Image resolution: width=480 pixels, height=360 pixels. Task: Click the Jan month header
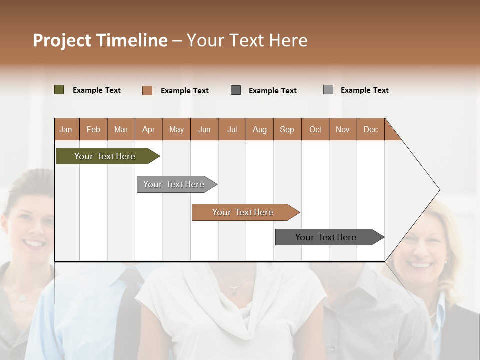coord(66,129)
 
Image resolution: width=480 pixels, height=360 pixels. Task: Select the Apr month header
coord(148,129)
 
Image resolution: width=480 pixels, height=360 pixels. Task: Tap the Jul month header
coord(232,129)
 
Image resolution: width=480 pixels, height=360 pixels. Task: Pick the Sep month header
coord(287,129)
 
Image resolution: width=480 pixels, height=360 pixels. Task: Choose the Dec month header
coord(370,129)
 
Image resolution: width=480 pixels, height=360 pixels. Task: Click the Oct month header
coord(315,129)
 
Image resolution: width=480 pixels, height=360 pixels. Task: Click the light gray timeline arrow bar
coord(175,184)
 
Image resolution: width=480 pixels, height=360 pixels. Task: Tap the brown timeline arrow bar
coord(244,212)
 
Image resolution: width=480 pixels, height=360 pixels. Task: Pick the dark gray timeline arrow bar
coord(327,237)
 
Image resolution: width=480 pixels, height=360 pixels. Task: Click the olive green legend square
coord(59,90)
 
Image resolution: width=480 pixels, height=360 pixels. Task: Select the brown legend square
coord(147,90)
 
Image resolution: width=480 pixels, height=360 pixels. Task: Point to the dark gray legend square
coord(236,90)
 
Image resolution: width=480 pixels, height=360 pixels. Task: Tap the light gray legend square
coord(328,90)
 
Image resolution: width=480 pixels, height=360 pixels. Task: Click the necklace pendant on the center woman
coord(233,291)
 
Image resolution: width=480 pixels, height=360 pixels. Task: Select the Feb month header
coord(93,129)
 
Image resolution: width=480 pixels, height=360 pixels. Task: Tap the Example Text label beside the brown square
coord(184,91)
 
